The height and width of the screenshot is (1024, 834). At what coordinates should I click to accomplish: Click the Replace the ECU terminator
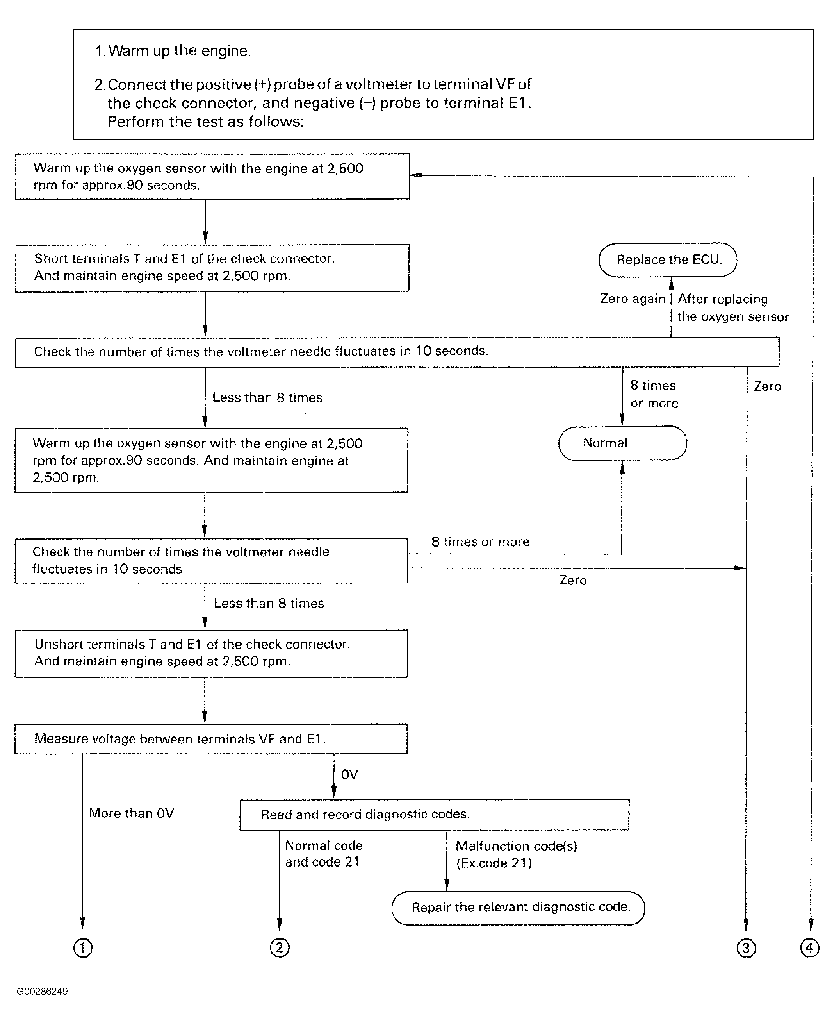(x=668, y=259)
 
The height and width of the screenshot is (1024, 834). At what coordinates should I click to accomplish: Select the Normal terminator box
(x=622, y=443)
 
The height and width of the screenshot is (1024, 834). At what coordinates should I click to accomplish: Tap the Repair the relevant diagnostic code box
(x=519, y=908)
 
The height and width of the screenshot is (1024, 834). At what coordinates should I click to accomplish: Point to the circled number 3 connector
(x=746, y=948)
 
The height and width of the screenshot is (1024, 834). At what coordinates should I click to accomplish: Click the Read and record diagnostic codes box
(x=434, y=815)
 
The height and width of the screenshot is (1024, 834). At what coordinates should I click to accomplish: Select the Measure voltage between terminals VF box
(x=211, y=739)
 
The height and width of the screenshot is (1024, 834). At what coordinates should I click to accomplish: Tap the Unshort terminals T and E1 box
(x=211, y=653)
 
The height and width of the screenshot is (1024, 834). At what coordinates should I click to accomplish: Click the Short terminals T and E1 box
(x=212, y=268)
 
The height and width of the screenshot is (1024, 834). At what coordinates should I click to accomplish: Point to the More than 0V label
(x=131, y=813)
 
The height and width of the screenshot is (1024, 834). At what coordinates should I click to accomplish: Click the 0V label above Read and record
(x=349, y=774)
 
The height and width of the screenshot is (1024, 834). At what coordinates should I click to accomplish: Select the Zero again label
(x=633, y=298)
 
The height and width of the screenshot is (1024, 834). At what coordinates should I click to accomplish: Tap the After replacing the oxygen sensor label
(x=732, y=308)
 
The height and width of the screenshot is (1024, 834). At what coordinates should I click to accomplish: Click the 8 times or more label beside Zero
(x=654, y=394)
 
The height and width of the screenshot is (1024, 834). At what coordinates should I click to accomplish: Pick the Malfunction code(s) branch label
(x=517, y=854)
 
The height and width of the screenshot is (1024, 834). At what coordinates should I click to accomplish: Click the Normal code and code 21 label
(x=323, y=854)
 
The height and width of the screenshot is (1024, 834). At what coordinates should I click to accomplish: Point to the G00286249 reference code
(x=42, y=991)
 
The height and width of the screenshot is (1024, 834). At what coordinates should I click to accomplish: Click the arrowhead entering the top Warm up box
(x=416, y=175)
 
